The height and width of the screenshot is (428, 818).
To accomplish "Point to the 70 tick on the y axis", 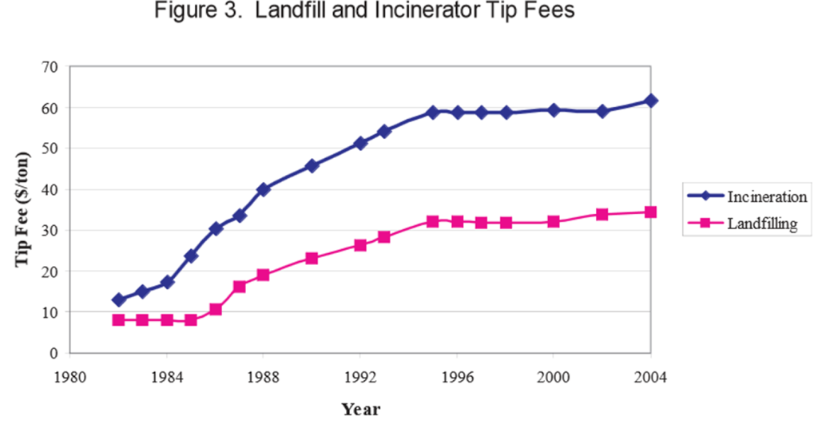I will (50, 66).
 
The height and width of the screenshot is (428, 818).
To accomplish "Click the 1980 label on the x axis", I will (70, 373).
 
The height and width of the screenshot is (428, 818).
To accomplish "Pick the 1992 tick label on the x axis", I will (360, 373).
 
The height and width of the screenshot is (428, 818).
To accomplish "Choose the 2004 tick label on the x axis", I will (650, 373).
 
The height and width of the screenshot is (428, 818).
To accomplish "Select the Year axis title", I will (361, 410).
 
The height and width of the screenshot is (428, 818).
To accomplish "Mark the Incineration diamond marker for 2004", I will (651, 101).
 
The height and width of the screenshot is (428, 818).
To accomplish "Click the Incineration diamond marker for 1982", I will (119, 300).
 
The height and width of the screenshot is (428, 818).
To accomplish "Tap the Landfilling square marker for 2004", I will (651, 212).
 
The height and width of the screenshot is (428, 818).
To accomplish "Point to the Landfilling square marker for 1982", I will (119, 320).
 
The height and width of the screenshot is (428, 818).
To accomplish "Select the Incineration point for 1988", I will (264, 189).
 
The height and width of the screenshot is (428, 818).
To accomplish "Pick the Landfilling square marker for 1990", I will (312, 259).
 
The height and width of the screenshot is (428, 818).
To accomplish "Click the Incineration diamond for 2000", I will (554, 109).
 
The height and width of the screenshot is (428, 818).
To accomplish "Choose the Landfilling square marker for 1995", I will (433, 221).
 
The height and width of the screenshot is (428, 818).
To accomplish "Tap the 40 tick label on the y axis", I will (50, 189).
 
